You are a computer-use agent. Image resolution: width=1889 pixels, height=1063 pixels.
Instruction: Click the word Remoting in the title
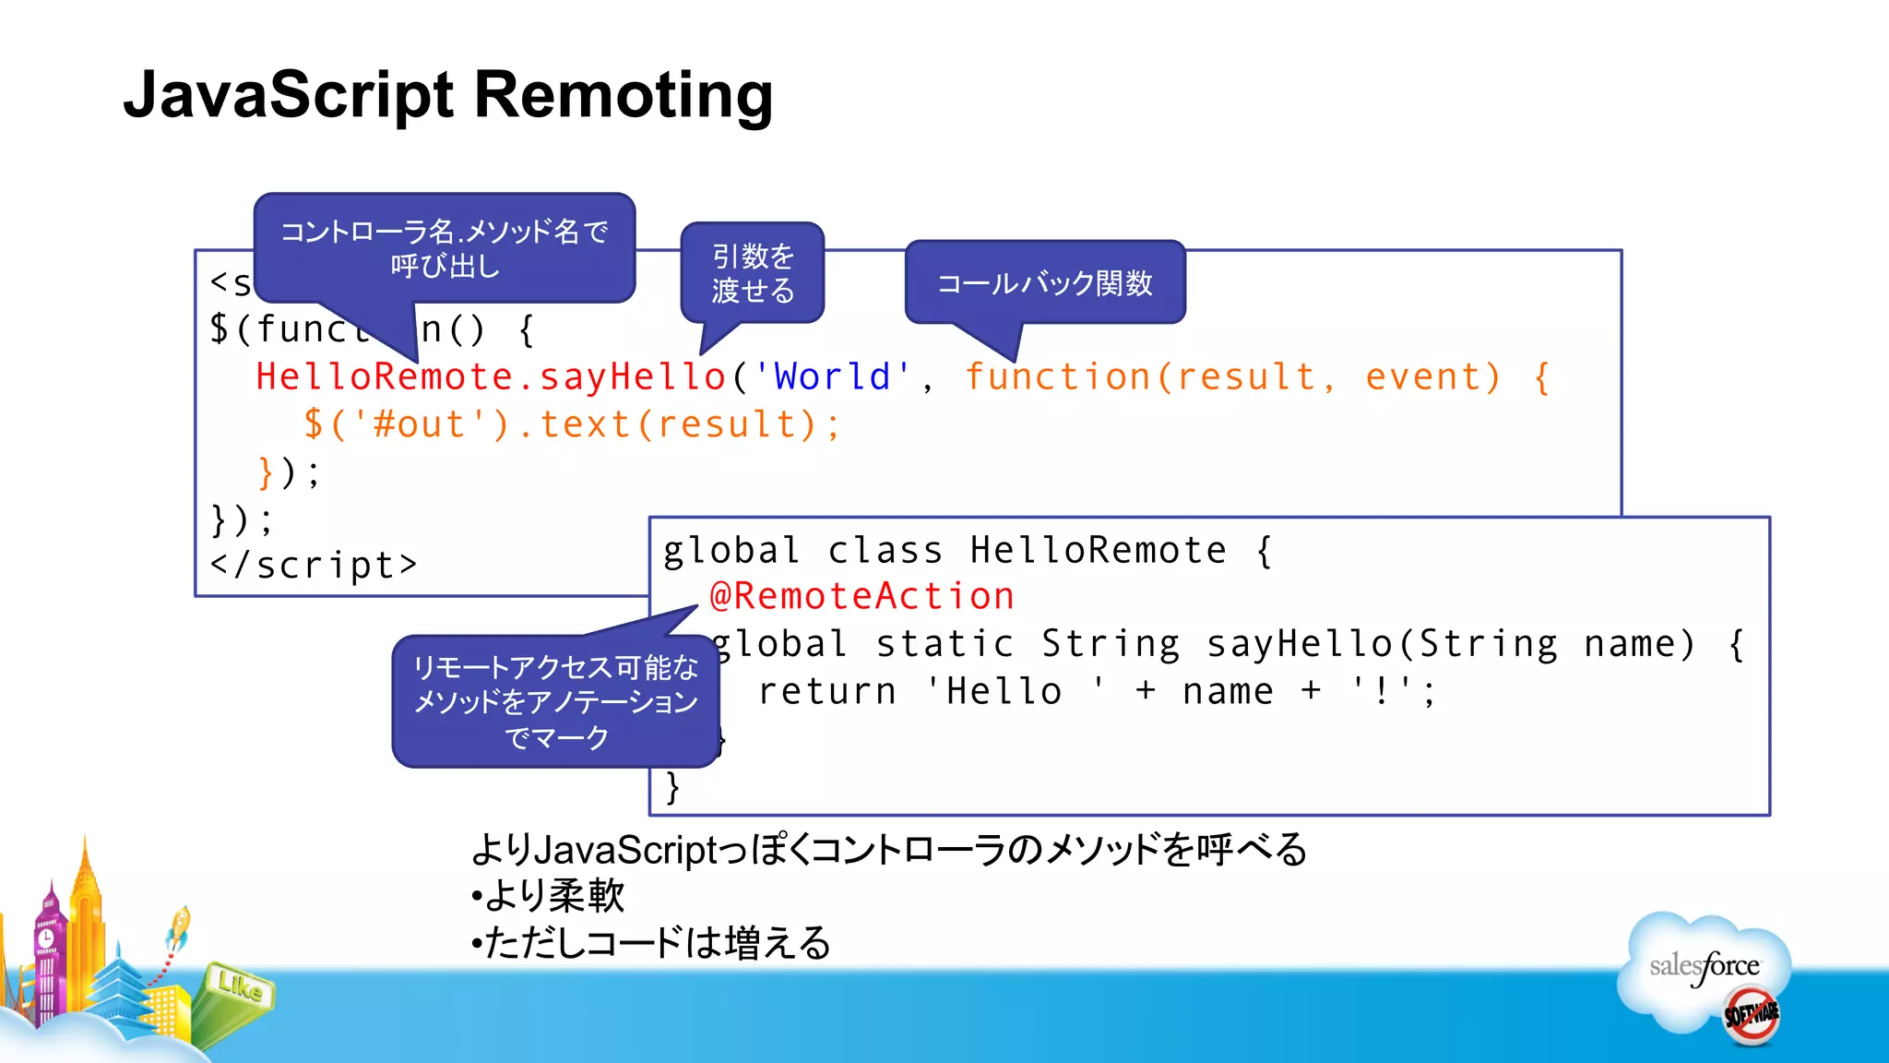[624, 95]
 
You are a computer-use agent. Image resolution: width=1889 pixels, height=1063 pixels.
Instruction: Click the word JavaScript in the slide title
[289, 95]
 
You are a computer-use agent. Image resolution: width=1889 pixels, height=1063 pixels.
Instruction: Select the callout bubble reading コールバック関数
[1044, 282]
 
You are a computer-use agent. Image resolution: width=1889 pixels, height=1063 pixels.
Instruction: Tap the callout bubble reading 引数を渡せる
[752, 273]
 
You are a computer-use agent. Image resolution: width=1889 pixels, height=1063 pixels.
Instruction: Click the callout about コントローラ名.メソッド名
[444, 247]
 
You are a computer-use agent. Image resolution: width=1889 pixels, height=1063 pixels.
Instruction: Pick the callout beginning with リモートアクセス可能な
[554, 701]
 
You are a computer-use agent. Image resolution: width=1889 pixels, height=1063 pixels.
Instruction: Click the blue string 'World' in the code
[832, 376]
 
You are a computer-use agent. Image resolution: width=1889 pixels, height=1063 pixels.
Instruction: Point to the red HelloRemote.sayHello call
[491, 376]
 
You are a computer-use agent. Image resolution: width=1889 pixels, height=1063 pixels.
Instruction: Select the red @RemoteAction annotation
[861, 596]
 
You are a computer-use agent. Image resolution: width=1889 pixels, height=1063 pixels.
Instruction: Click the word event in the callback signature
[1432, 376]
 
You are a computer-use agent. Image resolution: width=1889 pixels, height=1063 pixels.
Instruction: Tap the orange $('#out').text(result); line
[572, 424]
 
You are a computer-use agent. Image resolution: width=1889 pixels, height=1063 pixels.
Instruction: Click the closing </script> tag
[314, 565]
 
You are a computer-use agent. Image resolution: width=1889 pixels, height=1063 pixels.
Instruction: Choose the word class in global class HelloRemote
[885, 551]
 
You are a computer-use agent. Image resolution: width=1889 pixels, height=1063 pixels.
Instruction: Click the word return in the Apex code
[826, 691]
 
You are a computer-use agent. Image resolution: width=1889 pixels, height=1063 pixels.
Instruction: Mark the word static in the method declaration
[944, 644]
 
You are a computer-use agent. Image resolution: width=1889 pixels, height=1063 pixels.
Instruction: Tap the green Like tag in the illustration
[239, 987]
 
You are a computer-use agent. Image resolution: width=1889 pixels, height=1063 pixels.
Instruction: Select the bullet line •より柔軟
[548, 895]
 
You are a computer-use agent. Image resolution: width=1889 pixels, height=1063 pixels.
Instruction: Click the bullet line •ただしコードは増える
[651, 943]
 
